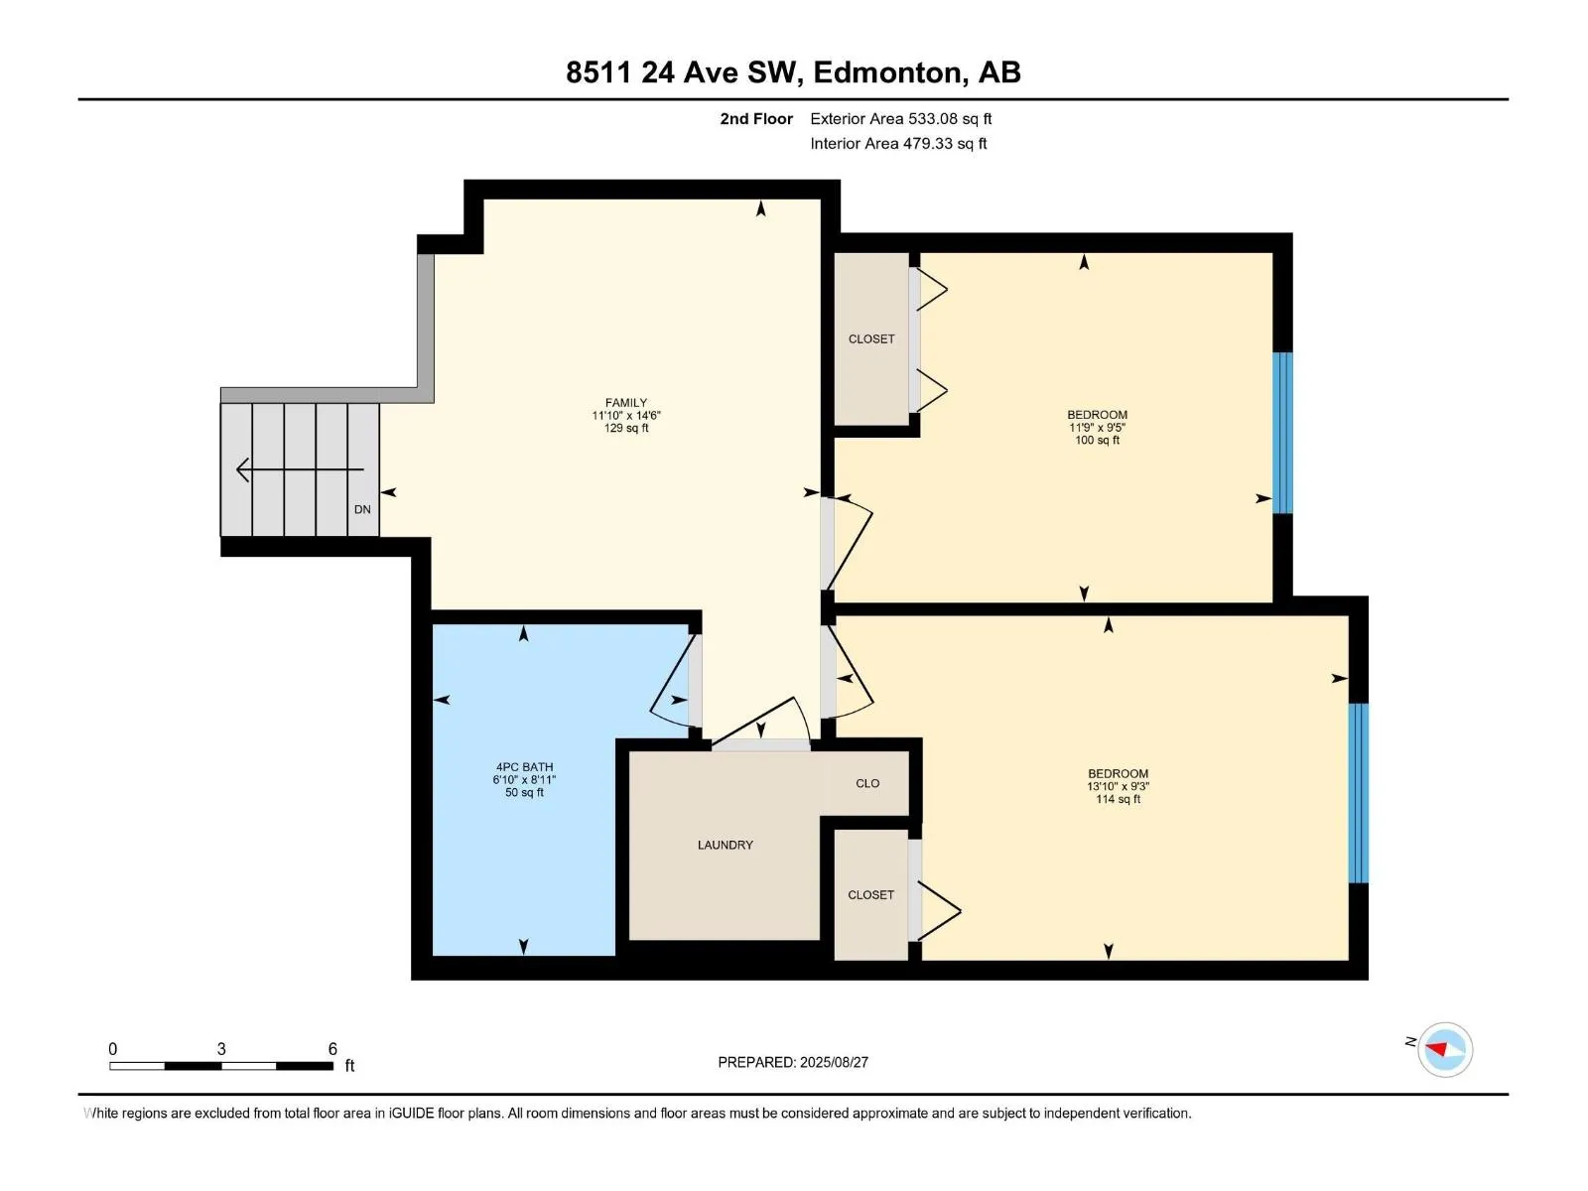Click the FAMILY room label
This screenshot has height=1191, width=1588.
tap(626, 403)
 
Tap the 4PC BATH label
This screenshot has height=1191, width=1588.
tap(524, 767)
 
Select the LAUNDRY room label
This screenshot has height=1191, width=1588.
tap(725, 845)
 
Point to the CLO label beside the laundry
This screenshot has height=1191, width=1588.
tap(867, 783)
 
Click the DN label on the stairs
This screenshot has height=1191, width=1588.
tap(362, 509)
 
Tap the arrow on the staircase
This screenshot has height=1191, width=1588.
tap(301, 470)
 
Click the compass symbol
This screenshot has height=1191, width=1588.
tap(1445, 1049)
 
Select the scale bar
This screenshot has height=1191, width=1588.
tap(221, 1066)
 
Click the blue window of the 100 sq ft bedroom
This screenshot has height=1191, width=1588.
tap(1282, 433)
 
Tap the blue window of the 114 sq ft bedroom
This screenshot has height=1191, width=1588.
tap(1359, 793)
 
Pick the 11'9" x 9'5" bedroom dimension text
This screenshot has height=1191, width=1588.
tap(1097, 428)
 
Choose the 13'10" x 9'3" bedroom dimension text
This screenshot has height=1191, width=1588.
tap(1118, 786)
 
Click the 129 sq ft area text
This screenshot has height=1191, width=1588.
tap(626, 428)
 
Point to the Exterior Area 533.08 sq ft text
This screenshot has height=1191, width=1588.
tap(901, 118)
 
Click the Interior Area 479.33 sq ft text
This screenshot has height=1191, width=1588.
tap(898, 143)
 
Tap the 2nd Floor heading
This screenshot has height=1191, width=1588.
tap(756, 118)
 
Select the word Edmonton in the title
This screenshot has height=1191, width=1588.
tap(890, 73)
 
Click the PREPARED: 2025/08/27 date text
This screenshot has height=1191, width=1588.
tap(793, 1062)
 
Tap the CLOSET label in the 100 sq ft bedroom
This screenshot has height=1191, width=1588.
tap(871, 339)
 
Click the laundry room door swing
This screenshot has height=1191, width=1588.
tap(761, 721)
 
